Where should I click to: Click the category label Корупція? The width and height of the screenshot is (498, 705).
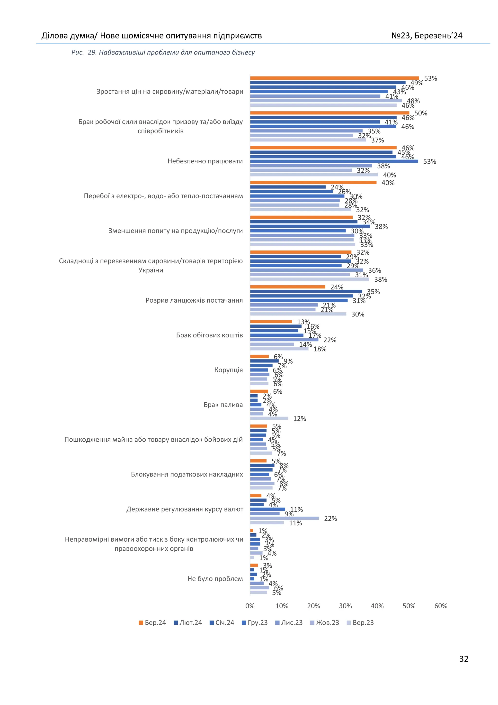[x=229, y=370]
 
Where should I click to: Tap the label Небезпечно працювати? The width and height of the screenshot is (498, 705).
[x=205, y=161]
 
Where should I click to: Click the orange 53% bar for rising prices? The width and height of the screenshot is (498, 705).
[x=334, y=78]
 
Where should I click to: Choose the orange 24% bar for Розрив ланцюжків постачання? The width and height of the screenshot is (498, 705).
[x=288, y=287]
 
